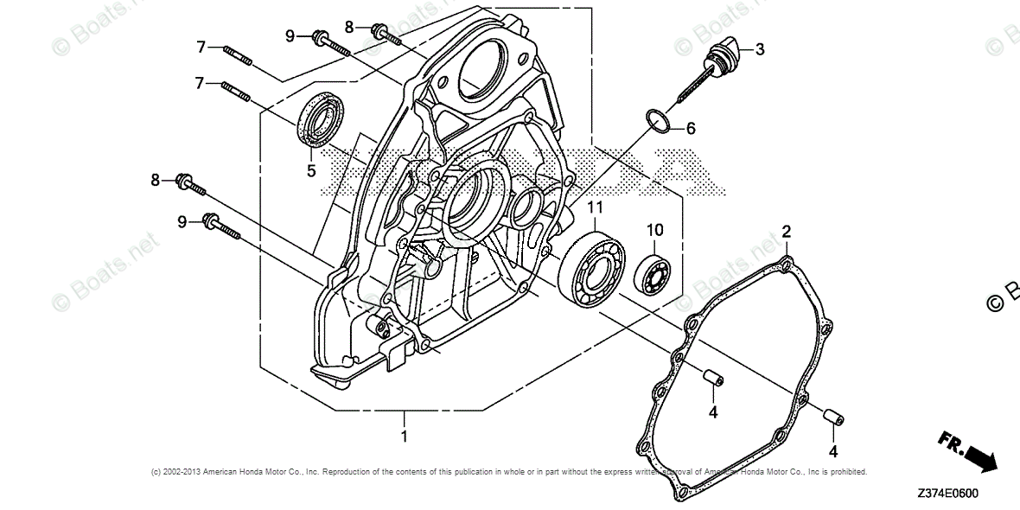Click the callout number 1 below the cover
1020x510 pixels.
pyautogui.click(x=404, y=437)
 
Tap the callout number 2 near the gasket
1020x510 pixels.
pyautogui.click(x=787, y=231)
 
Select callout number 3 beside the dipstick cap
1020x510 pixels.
pyautogui.click(x=760, y=49)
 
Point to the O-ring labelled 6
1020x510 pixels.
pyautogui.click(x=658, y=121)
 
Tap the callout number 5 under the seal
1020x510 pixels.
pyautogui.click(x=311, y=171)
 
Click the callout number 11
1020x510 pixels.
pyautogui.click(x=595, y=207)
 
